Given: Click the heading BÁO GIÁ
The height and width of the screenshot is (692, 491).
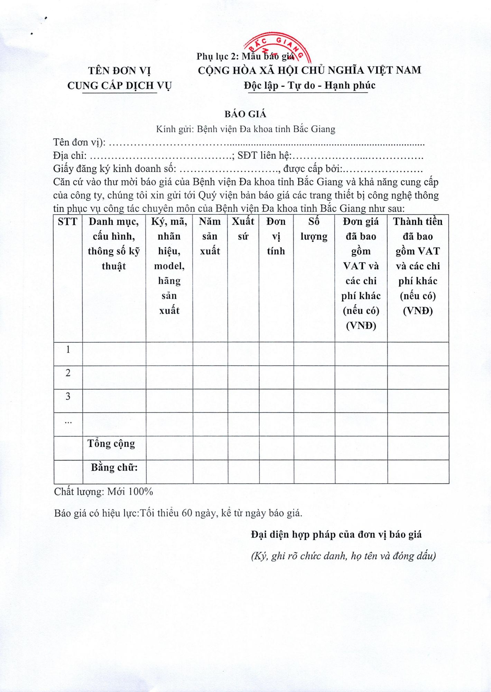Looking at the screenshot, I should (x=245, y=114).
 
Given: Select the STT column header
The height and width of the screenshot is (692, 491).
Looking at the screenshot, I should (x=67, y=222).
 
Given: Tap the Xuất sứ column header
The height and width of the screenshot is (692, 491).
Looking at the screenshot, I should (x=243, y=229).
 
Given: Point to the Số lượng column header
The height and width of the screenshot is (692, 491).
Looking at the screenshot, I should (x=314, y=229).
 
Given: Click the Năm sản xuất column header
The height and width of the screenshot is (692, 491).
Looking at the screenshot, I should (x=210, y=236).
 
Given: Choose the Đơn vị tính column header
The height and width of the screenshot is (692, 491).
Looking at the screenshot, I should (x=276, y=236).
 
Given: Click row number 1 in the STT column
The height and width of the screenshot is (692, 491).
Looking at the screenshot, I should (x=68, y=349).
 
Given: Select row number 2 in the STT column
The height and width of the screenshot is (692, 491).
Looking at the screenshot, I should (x=68, y=373).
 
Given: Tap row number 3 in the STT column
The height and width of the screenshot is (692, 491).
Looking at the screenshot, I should (x=68, y=396).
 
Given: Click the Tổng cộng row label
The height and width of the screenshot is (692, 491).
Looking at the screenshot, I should (x=111, y=444).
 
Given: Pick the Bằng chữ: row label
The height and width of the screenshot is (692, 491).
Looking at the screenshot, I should (x=114, y=467).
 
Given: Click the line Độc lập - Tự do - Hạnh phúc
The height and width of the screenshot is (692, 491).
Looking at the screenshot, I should (x=309, y=85).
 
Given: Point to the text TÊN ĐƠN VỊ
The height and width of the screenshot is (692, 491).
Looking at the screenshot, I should (x=119, y=71).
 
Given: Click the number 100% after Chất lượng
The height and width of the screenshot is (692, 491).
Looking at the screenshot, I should (x=140, y=492).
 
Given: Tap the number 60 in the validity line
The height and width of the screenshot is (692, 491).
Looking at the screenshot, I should (x=187, y=513).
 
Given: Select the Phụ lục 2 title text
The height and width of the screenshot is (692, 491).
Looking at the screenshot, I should (x=218, y=56).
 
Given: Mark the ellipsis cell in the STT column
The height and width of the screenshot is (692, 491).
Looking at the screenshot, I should (x=68, y=421).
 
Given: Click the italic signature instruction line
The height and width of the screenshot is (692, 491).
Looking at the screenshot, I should (x=343, y=556).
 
